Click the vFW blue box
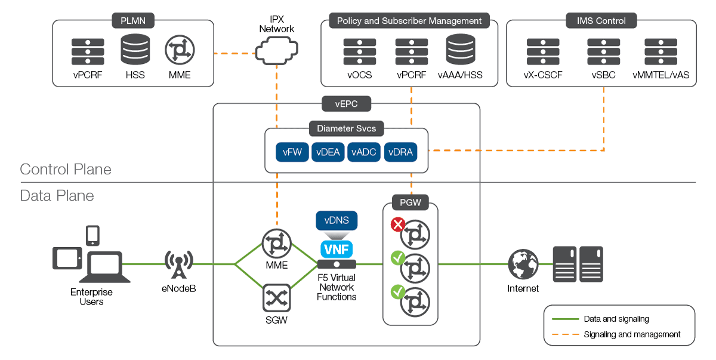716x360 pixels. coord(292,152)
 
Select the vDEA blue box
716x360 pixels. coord(328,152)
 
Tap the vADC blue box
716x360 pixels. coord(364,152)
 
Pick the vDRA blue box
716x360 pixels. coord(400,152)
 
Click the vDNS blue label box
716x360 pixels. coord(337,220)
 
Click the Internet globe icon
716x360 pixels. coord(523,264)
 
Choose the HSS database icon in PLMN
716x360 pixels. coord(135,51)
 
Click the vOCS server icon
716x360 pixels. coord(359,51)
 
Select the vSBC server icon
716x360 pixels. coord(603,51)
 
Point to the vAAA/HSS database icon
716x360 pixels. coord(461,50)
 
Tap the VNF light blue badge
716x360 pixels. coord(337,248)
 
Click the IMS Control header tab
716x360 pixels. coord(601,21)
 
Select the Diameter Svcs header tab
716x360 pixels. coord(346,128)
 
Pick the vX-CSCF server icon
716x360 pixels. coord(542,51)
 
